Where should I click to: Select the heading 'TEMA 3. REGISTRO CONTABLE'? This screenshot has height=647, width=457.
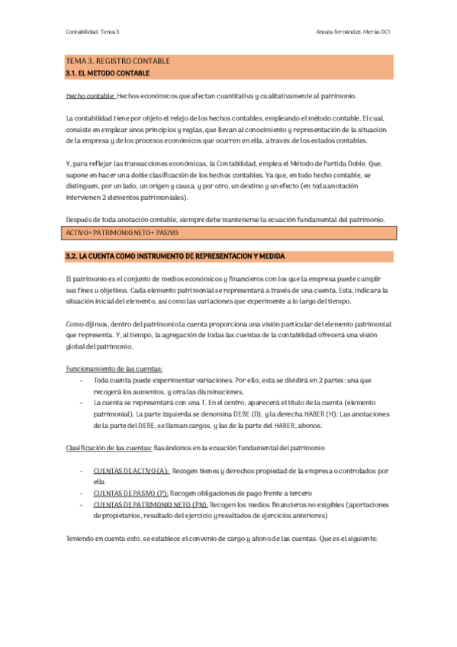(x=118, y=61)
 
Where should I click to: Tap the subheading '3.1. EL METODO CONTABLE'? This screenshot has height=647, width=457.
(x=108, y=73)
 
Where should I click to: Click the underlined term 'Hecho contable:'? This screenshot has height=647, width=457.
(x=91, y=95)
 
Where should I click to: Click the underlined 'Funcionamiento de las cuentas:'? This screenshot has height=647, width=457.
(x=114, y=369)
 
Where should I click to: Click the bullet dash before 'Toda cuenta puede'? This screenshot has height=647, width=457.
(x=82, y=380)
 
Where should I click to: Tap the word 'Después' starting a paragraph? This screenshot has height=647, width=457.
(x=80, y=220)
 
